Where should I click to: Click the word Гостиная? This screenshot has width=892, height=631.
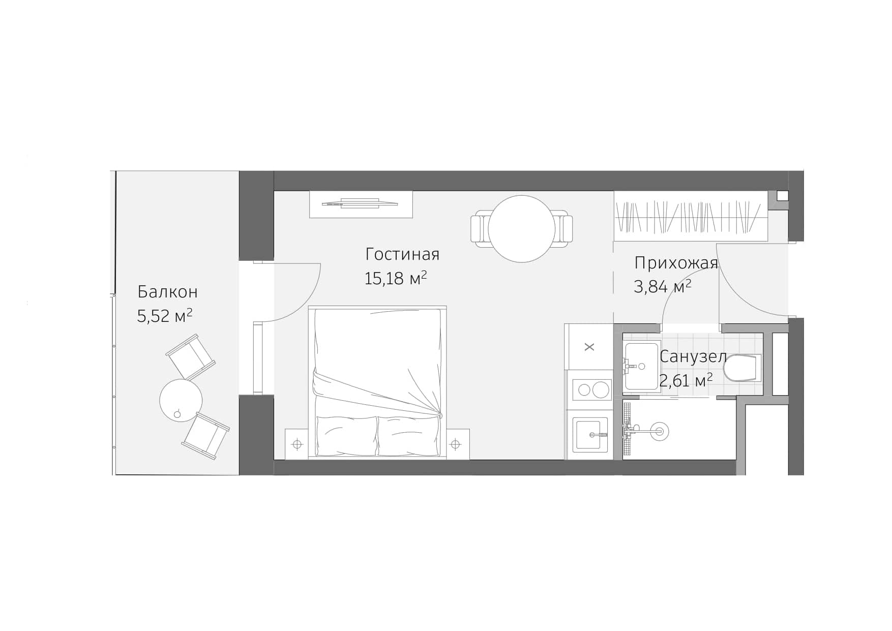(402, 254)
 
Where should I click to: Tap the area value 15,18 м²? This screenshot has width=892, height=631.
(395, 278)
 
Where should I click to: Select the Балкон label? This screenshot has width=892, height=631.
(167, 292)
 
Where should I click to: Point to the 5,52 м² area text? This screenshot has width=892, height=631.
(164, 316)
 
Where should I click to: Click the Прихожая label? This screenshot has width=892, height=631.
(676, 263)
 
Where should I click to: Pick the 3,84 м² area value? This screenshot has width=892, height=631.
(662, 287)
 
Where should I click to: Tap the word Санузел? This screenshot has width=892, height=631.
(693, 356)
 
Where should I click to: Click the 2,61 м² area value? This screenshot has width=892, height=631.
(686, 380)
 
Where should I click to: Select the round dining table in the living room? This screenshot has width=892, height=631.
(521, 229)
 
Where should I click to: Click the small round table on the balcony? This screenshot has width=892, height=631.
(181, 400)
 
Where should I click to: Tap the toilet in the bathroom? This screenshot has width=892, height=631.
(742, 369)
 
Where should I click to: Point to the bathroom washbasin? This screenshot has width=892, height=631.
(642, 365)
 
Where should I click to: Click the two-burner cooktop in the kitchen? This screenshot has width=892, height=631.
(590, 390)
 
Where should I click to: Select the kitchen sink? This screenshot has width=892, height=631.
(590, 434)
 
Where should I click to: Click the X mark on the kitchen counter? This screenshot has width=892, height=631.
(589, 347)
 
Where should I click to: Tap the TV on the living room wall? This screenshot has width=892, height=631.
(360, 204)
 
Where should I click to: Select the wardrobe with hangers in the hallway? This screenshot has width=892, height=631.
(690, 216)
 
